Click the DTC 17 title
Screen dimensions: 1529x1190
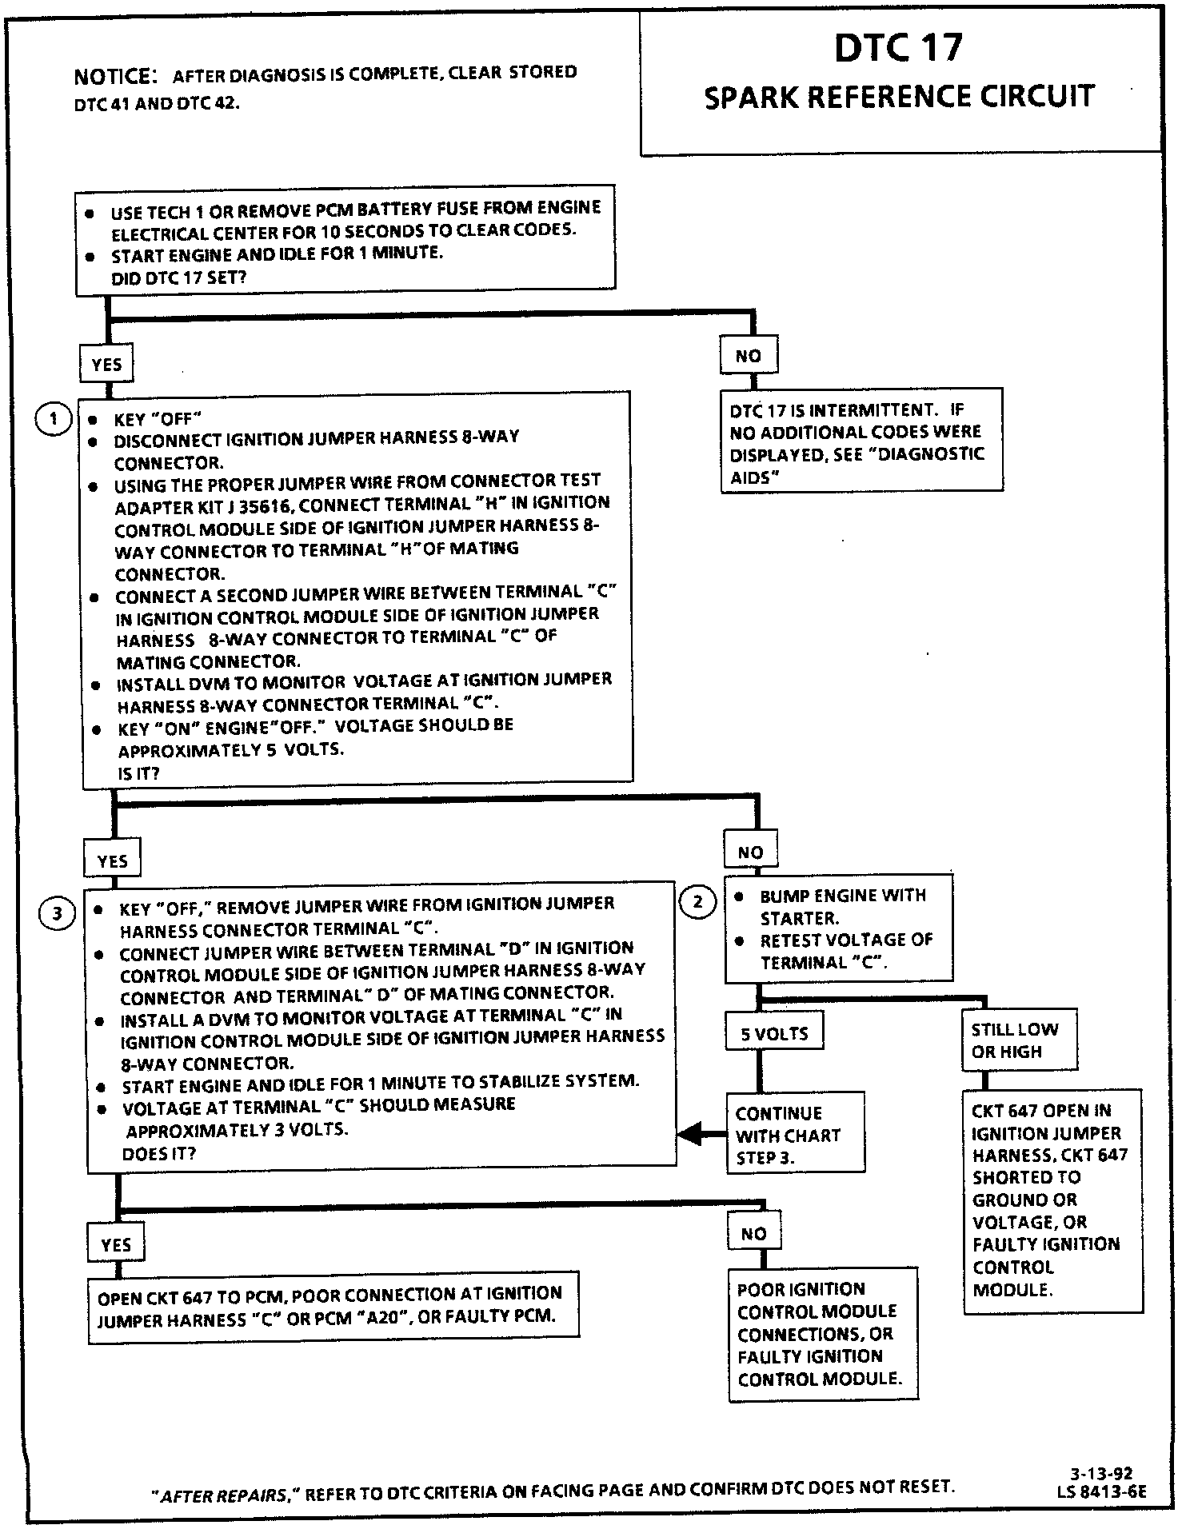click(898, 48)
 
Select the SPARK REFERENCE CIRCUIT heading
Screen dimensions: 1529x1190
click(899, 98)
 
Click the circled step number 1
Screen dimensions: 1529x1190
click(54, 419)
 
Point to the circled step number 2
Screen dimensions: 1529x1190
click(697, 902)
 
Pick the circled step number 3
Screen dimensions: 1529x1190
click(57, 914)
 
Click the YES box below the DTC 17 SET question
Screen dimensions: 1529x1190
click(106, 365)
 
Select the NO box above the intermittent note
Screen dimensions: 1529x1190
click(749, 356)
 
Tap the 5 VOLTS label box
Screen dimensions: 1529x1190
click(774, 1033)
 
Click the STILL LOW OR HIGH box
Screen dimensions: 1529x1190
click(1019, 1040)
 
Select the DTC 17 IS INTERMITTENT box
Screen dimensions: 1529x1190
click(861, 443)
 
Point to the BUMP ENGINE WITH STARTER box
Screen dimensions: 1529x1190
click(838, 928)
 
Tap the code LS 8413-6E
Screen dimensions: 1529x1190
click(1100, 1491)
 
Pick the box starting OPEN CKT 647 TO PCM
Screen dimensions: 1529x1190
click(333, 1307)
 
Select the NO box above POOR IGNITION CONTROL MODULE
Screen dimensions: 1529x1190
click(753, 1234)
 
